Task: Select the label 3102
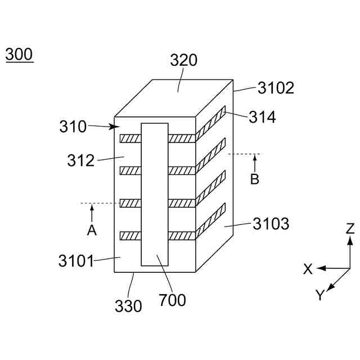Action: (x=276, y=88)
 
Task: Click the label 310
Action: (x=73, y=127)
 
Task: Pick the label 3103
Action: (x=271, y=224)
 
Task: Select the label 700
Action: (x=172, y=301)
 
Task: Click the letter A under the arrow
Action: (x=92, y=230)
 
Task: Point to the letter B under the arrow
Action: (x=255, y=180)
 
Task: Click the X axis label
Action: (x=308, y=269)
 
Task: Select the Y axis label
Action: (x=319, y=295)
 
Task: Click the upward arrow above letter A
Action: (x=92, y=212)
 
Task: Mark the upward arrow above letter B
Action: (x=255, y=163)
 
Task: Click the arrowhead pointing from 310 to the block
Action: (x=111, y=128)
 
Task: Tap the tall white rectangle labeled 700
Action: (x=155, y=194)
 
